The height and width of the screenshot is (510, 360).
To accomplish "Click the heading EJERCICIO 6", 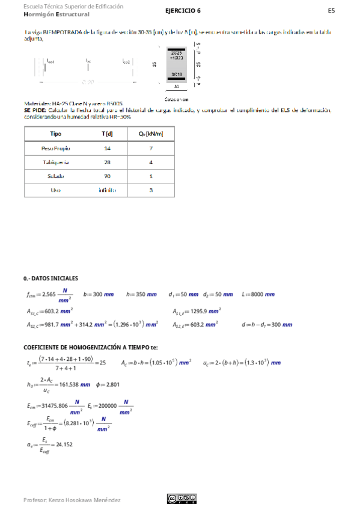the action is tap(183, 11).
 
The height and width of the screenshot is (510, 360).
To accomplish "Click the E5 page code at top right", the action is tap(331, 11).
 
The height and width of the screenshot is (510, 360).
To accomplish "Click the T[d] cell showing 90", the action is tap(107, 176).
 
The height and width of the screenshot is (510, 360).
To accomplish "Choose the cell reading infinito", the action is tap(107, 190).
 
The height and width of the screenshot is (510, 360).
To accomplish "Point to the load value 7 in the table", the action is tap(151, 148).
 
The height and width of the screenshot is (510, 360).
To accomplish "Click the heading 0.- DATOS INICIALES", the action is tap(50, 278).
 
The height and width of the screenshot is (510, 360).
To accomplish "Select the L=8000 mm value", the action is tap(262, 295).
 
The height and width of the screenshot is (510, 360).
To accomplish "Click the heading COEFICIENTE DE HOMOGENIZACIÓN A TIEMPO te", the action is tap(90, 347).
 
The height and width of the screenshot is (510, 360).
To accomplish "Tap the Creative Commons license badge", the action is tap(182, 498).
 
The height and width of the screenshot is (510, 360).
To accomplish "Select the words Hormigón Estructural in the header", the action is tap(56, 14).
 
